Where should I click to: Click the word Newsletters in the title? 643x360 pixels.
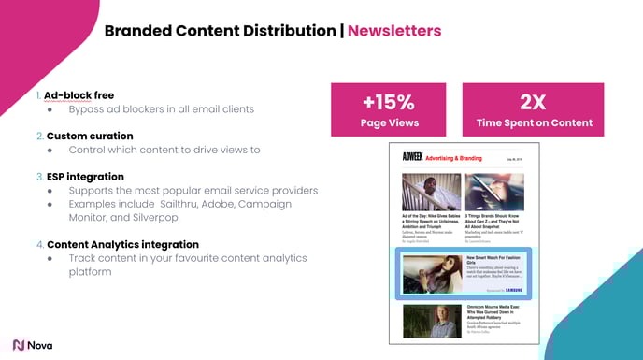393,31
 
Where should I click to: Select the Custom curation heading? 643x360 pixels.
90,136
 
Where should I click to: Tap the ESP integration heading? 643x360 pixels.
85,176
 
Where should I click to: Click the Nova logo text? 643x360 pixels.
39,345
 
